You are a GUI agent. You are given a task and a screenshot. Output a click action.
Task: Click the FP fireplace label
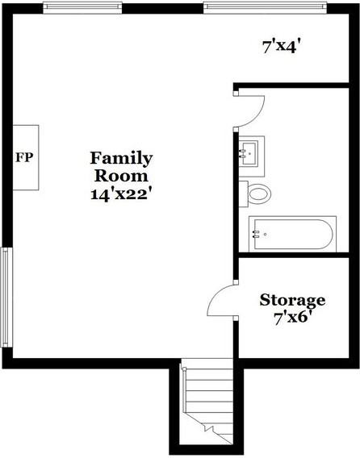click(x=24, y=156)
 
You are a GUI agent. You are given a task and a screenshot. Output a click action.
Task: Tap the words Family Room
click(x=121, y=166)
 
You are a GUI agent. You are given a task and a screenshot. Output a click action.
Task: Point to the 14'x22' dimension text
click(x=121, y=194)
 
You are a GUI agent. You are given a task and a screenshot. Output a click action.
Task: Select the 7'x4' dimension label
click(x=283, y=47)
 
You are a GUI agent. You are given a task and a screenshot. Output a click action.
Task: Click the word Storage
click(x=292, y=301)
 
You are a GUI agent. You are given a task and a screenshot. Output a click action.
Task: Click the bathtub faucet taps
click(x=257, y=235)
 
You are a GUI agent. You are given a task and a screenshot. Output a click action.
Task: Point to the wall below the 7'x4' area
click(x=295, y=84)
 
